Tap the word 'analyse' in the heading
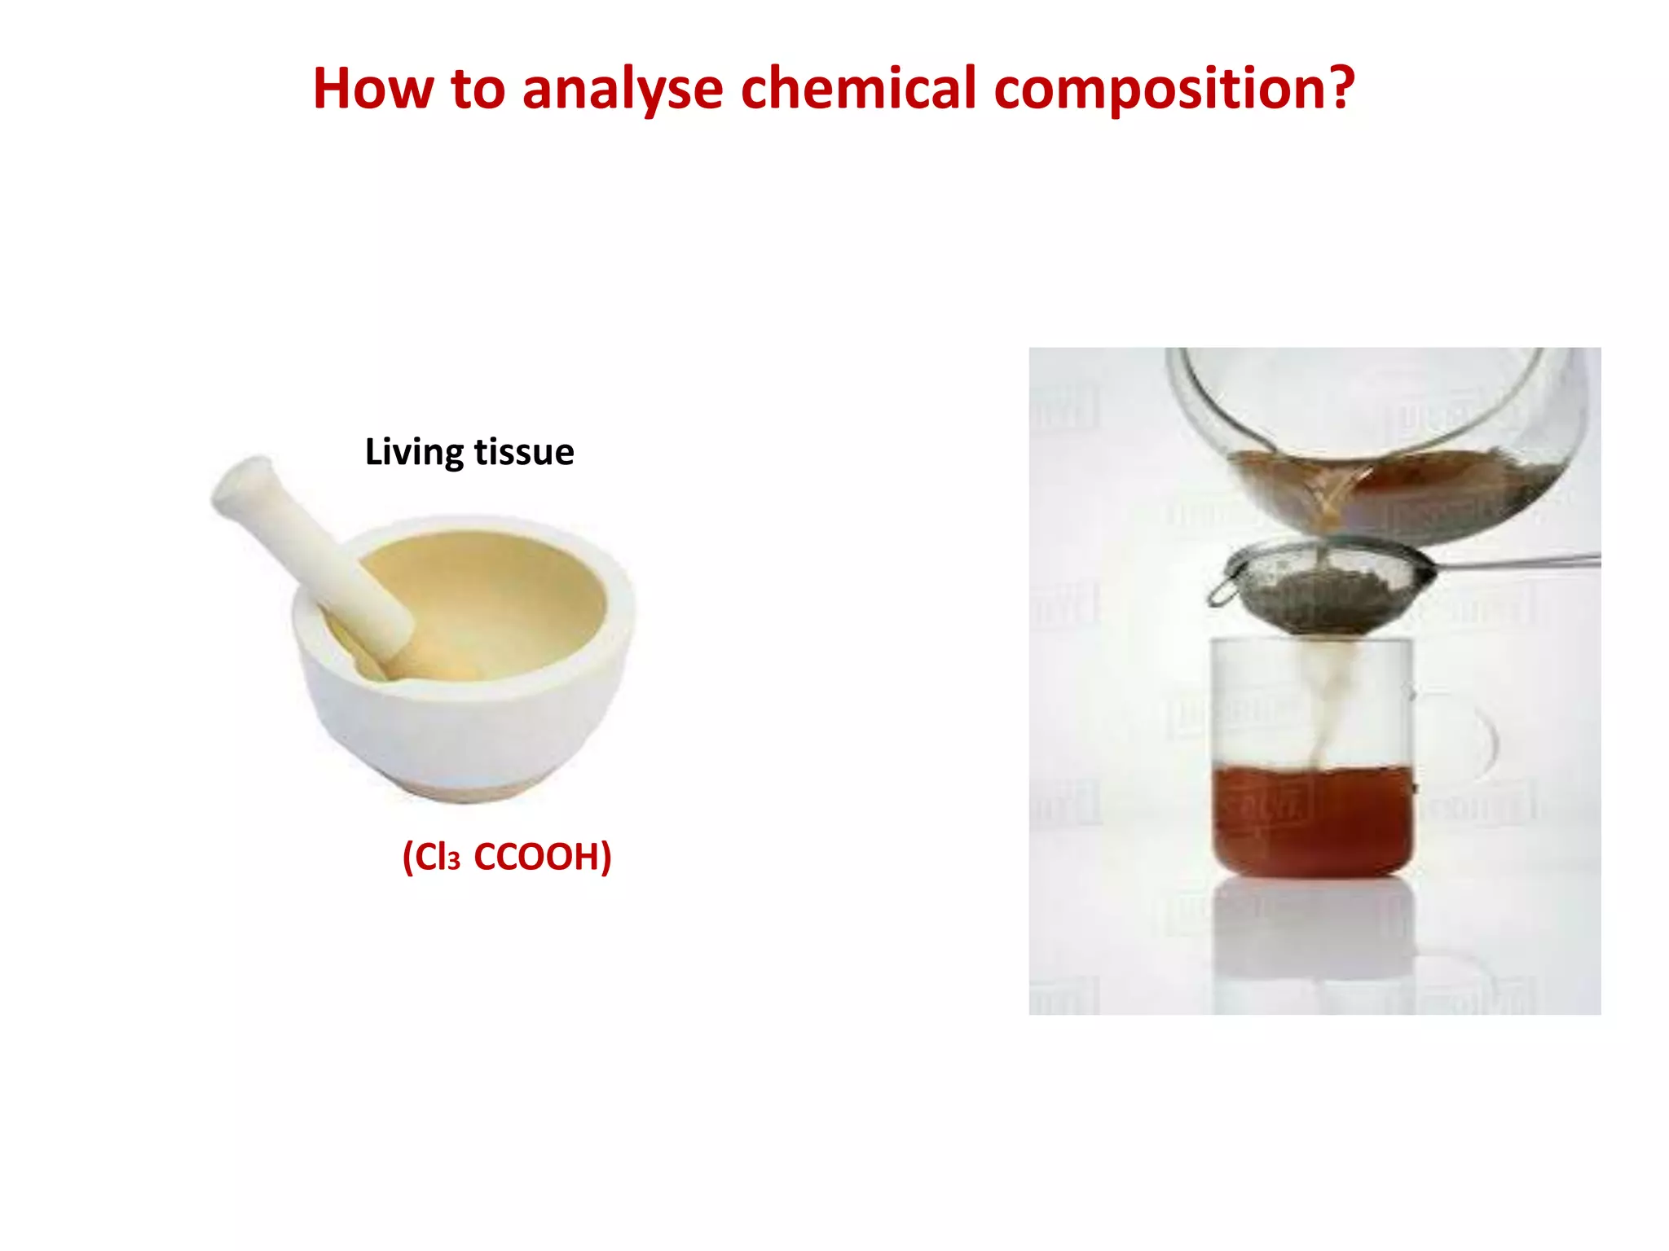point(622,90)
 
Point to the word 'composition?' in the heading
point(1174,90)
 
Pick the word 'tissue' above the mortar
point(524,453)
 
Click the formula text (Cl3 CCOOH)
point(507,857)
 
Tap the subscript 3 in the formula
point(454,863)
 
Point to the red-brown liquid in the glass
point(1312,823)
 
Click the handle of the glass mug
point(1479,741)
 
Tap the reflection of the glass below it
point(1312,937)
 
